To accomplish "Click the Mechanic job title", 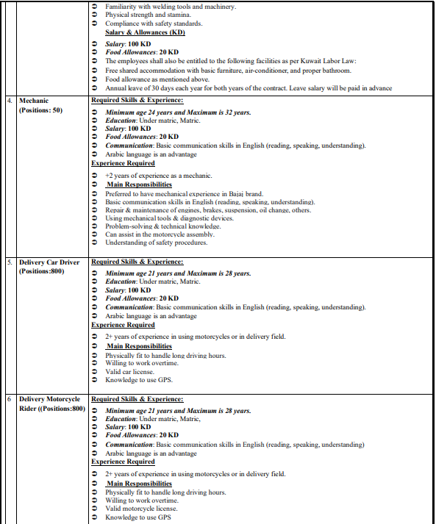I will (x=35, y=100).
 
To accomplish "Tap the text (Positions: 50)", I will (x=41, y=110).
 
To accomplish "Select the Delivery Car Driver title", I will (x=49, y=262).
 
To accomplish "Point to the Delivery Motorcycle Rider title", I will (x=49, y=399).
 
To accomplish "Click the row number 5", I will (x=10, y=262).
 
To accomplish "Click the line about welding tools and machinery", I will (x=171, y=6).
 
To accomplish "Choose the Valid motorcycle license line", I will (x=141, y=508).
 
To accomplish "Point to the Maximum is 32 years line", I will (x=178, y=112).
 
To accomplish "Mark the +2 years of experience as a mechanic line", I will (x=158, y=175).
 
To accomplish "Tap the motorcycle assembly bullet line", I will (x=158, y=234).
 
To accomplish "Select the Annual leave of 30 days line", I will (x=248, y=88).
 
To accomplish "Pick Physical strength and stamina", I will (x=147, y=15).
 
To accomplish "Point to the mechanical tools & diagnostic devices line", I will (x=169, y=218).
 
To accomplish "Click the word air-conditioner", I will (x=278, y=71).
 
